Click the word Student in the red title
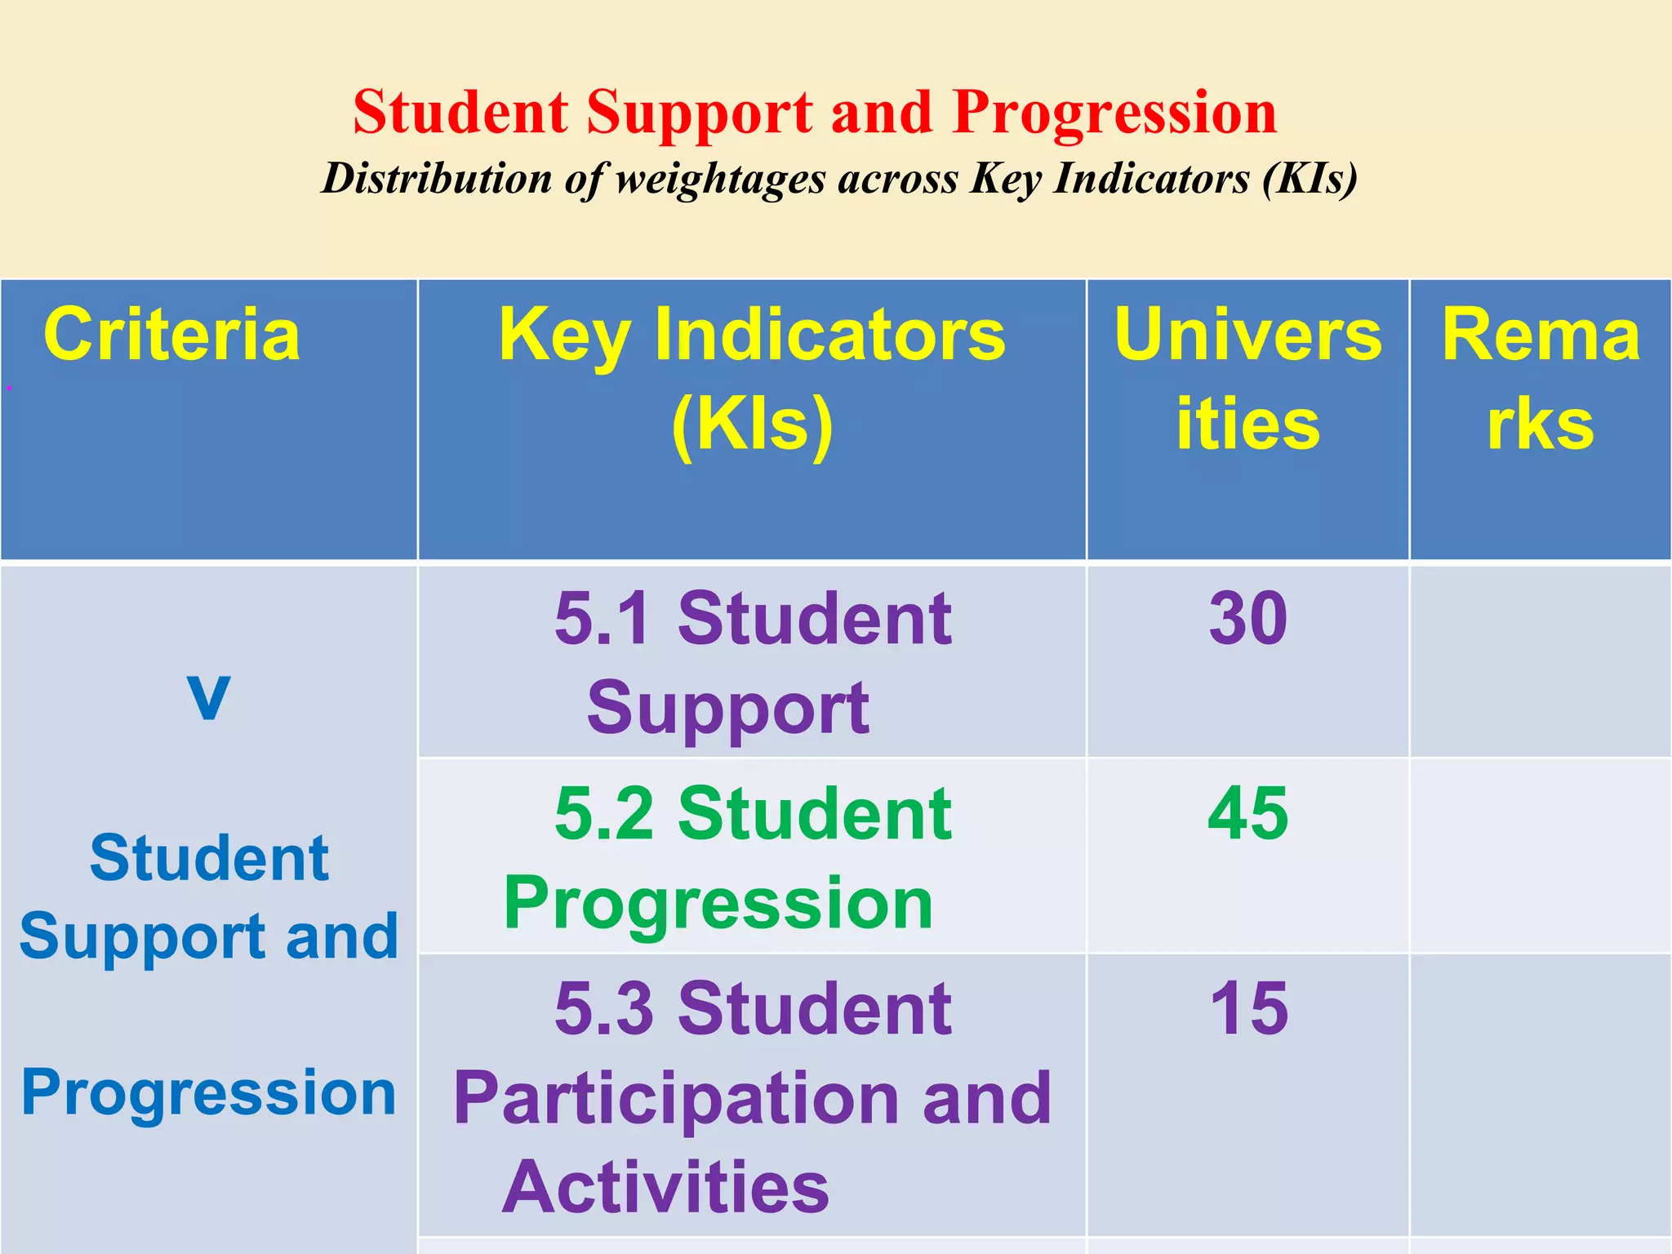pyautogui.click(x=460, y=112)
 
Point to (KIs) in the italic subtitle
pyautogui.click(x=1310, y=178)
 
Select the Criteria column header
pyautogui.click(x=171, y=335)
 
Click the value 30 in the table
pyautogui.click(x=1248, y=619)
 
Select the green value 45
pyautogui.click(x=1248, y=814)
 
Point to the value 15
pyautogui.click(x=1248, y=1009)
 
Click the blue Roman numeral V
pyautogui.click(x=208, y=696)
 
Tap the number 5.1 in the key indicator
pyautogui.click(x=604, y=619)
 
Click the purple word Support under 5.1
pyautogui.click(x=727, y=709)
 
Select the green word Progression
pyautogui.click(x=718, y=903)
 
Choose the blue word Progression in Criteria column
pyautogui.click(x=209, y=1093)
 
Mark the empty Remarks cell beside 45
pyautogui.click(x=1540, y=855)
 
